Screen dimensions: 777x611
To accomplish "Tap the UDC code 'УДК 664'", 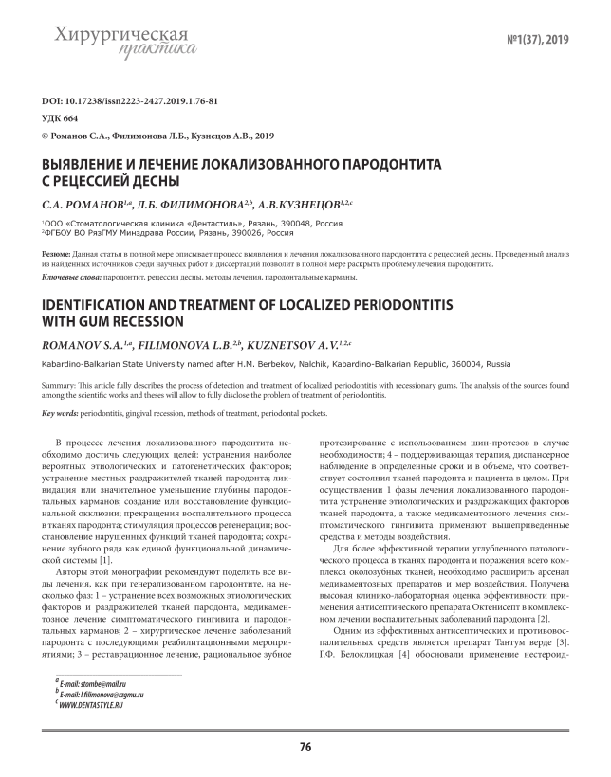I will point(61,117).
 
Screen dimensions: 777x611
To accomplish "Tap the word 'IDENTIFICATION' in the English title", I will point(111,305).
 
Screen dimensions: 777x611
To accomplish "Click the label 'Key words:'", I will point(61,414).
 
